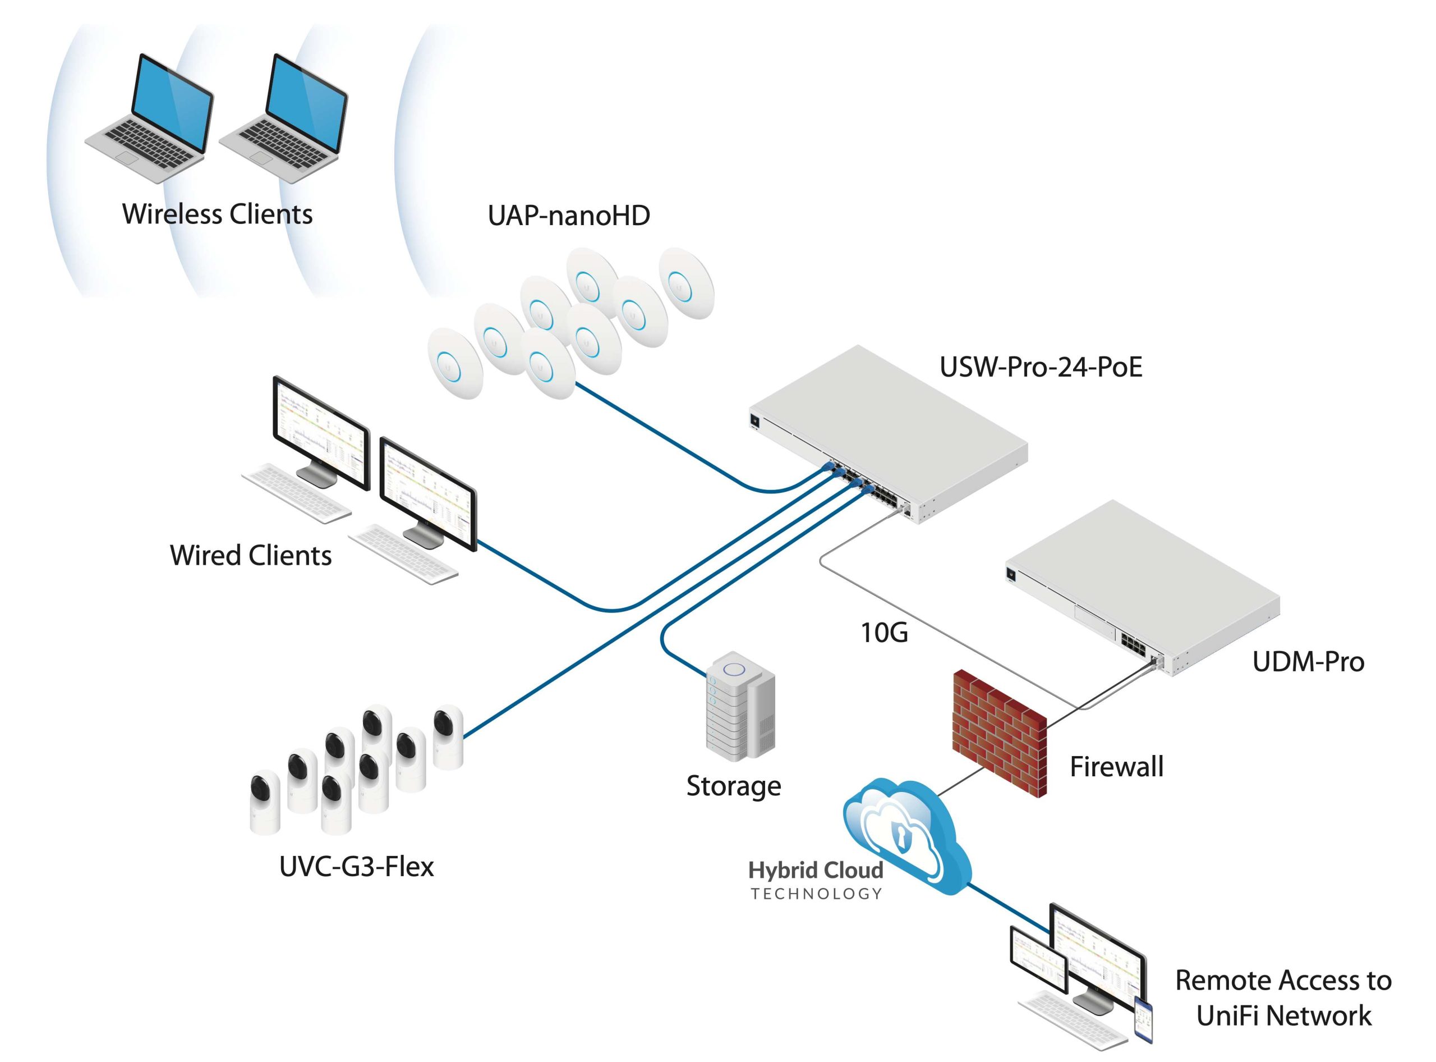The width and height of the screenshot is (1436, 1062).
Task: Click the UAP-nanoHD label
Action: pos(569,216)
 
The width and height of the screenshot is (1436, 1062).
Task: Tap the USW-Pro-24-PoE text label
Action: pos(1041,367)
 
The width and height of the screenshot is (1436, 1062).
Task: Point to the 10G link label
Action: pos(884,633)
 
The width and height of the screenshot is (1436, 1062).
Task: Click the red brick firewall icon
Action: pos(1000,733)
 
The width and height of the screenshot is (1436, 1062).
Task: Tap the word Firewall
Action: pos(1117,766)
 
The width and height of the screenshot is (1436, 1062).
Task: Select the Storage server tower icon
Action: pos(740,707)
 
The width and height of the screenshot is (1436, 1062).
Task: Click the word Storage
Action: pos(734,787)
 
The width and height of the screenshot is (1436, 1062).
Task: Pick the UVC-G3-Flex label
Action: pos(357,867)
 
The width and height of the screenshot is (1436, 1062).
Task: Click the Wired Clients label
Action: pos(251,556)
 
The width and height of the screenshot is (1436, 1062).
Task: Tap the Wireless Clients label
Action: pos(217,214)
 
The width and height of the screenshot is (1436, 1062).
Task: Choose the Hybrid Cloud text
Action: pos(816,871)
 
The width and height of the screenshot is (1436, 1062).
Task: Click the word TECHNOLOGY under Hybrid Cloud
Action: pos(817,894)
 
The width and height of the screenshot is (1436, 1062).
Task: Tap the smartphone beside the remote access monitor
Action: pos(1143,1020)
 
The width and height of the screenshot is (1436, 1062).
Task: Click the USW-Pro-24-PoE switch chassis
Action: pos(889,434)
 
